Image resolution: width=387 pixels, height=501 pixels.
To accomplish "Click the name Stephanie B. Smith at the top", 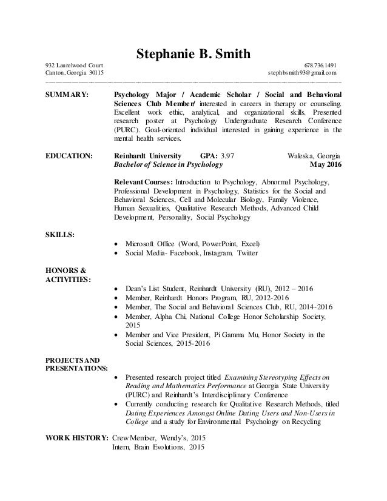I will tap(193, 56).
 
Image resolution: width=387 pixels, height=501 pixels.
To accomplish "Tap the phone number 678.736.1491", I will tap(321, 66).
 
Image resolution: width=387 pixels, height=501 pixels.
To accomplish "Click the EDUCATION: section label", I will tap(70, 156).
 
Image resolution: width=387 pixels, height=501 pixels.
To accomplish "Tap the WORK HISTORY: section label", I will tap(78, 439).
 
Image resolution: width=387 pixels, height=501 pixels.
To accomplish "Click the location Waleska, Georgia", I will tap(313, 156).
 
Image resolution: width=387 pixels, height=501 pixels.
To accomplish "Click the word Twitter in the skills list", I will tap(247, 254).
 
